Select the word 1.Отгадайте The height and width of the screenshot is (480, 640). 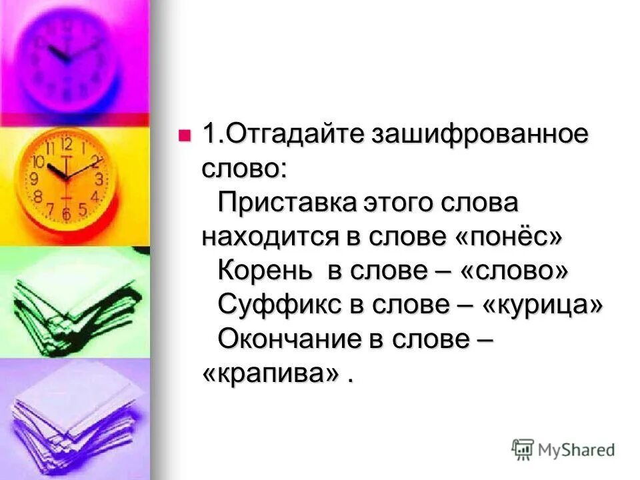point(282,133)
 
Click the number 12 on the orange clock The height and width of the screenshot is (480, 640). point(66,144)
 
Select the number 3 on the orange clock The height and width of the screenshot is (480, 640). point(99,179)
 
